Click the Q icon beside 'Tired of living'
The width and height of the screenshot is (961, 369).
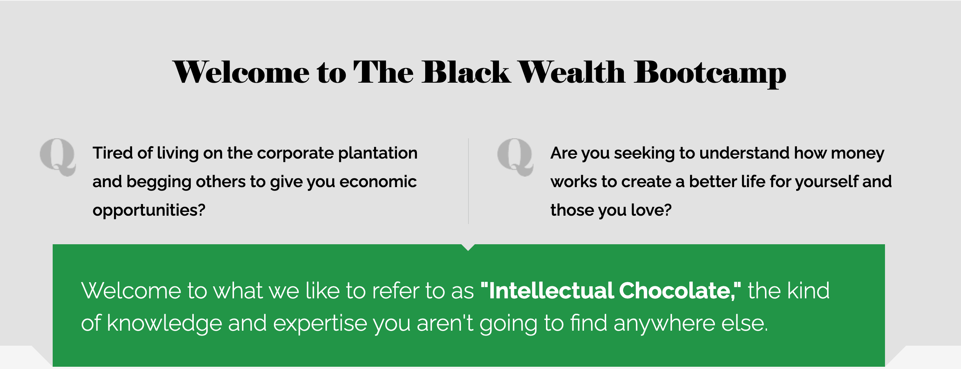[58, 157]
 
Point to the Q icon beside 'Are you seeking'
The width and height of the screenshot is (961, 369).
[515, 157]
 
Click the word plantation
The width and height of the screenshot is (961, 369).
[378, 153]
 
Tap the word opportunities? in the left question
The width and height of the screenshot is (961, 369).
[149, 210]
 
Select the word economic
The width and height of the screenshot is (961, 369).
[378, 181]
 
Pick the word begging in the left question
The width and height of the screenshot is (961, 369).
[158, 182]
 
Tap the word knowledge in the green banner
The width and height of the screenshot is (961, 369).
[164, 324]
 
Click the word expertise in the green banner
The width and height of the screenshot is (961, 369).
[320, 324]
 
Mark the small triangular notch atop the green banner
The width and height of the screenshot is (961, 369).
[468, 247]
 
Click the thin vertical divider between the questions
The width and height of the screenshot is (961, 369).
[468, 181]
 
